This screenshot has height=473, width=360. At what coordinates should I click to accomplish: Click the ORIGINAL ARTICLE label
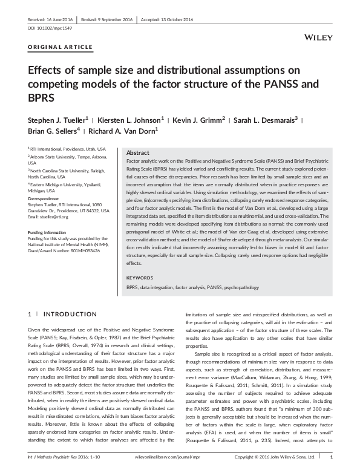click(61, 47)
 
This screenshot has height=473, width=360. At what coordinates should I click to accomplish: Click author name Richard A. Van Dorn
click(122, 131)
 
